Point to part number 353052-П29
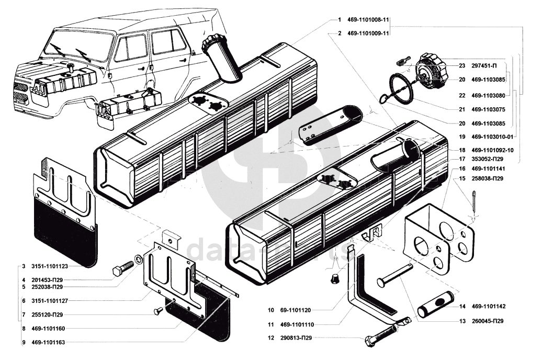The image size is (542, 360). pyautogui.click(x=490, y=159)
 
